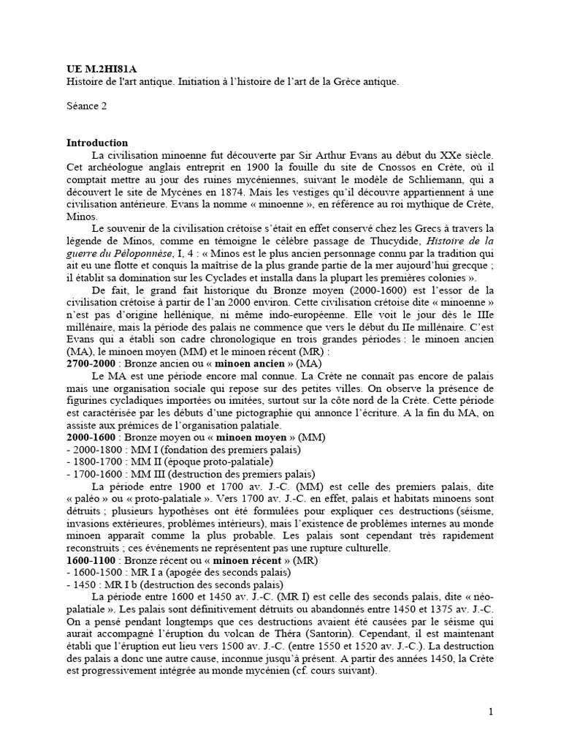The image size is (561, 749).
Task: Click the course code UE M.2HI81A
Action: tap(96, 70)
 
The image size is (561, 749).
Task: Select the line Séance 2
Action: tap(86, 106)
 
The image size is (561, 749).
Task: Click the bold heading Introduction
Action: tap(97, 143)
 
